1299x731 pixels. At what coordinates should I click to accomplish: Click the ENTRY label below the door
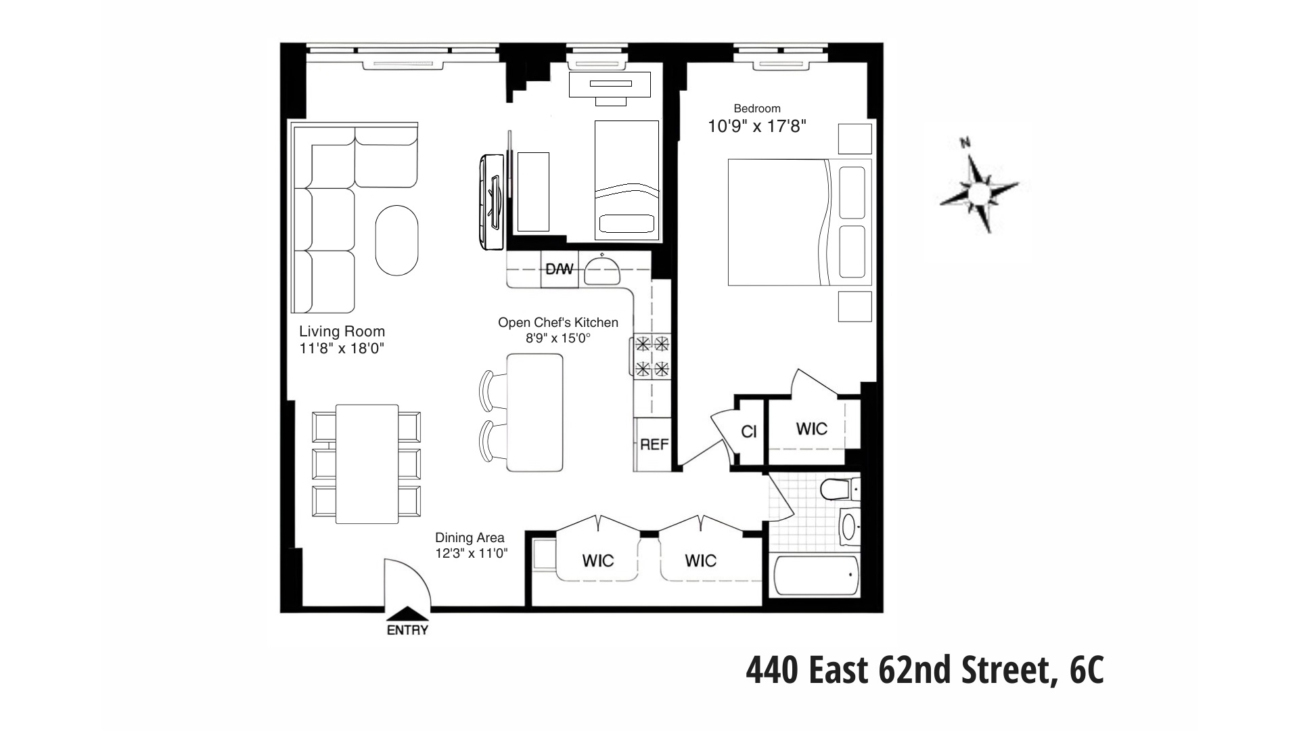pyautogui.click(x=407, y=631)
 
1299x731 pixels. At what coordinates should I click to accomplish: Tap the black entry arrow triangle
pyautogui.click(x=407, y=613)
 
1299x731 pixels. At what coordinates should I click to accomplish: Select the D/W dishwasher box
pyautogui.click(x=559, y=269)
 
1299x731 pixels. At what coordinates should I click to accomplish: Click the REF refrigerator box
pyautogui.click(x=654, y=445)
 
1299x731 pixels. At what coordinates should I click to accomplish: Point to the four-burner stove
pyautogui.click(x=652, y=356)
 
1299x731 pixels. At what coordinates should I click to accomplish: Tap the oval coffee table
pyautogui.click(x=396, y=240)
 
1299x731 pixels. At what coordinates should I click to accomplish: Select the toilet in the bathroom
pyautogui.click(x=838, y=488)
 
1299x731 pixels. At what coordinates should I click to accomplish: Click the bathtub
pyautogui.click(x=816, y=577)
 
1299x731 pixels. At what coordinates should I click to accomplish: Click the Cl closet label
pyautogui.click(x=749, y=432)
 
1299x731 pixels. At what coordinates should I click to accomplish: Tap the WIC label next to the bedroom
pyautogui.click(x=811, y=429)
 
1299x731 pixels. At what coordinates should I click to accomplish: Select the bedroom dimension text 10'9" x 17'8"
pyautogui.click(x=757, y=126)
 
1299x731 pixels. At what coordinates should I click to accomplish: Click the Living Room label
pyautogui.click(x=342, y=332)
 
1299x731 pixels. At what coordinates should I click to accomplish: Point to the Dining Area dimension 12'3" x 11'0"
pyautogui.click(x=471, y=553)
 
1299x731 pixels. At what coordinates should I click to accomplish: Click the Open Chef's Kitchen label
pyautogui.click(x=558, y=323)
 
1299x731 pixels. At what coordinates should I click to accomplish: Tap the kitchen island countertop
pyautogui.click(x=534, y=413)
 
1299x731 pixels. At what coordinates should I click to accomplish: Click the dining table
pyautogui.click(x=367, y=464)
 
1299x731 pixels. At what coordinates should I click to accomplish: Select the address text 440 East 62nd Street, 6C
pyautogui.click(x=925, y=671)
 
